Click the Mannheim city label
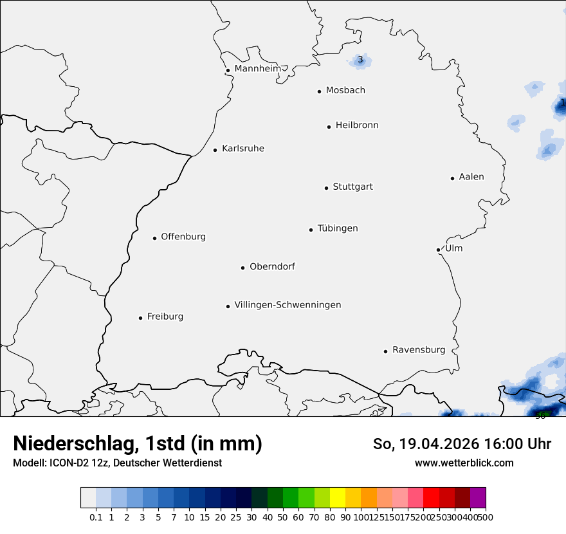[257, 68]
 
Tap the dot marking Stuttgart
[326, 188]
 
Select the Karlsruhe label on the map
[243, 149]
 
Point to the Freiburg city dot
[140, 318]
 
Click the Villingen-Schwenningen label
[288, 305]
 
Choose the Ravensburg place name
[419, 350]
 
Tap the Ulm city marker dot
[438, 250]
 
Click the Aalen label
[471, 177]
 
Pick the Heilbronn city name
[357, 125]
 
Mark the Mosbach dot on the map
[319, 91]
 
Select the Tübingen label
[338, 228]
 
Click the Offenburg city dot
[154, 238]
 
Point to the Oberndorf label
[272, 266]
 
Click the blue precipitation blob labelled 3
[360, 60]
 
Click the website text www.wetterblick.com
[464, 463]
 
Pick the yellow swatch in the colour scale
[338, 498]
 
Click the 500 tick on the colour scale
[486, 517]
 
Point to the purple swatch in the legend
[478, 498]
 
